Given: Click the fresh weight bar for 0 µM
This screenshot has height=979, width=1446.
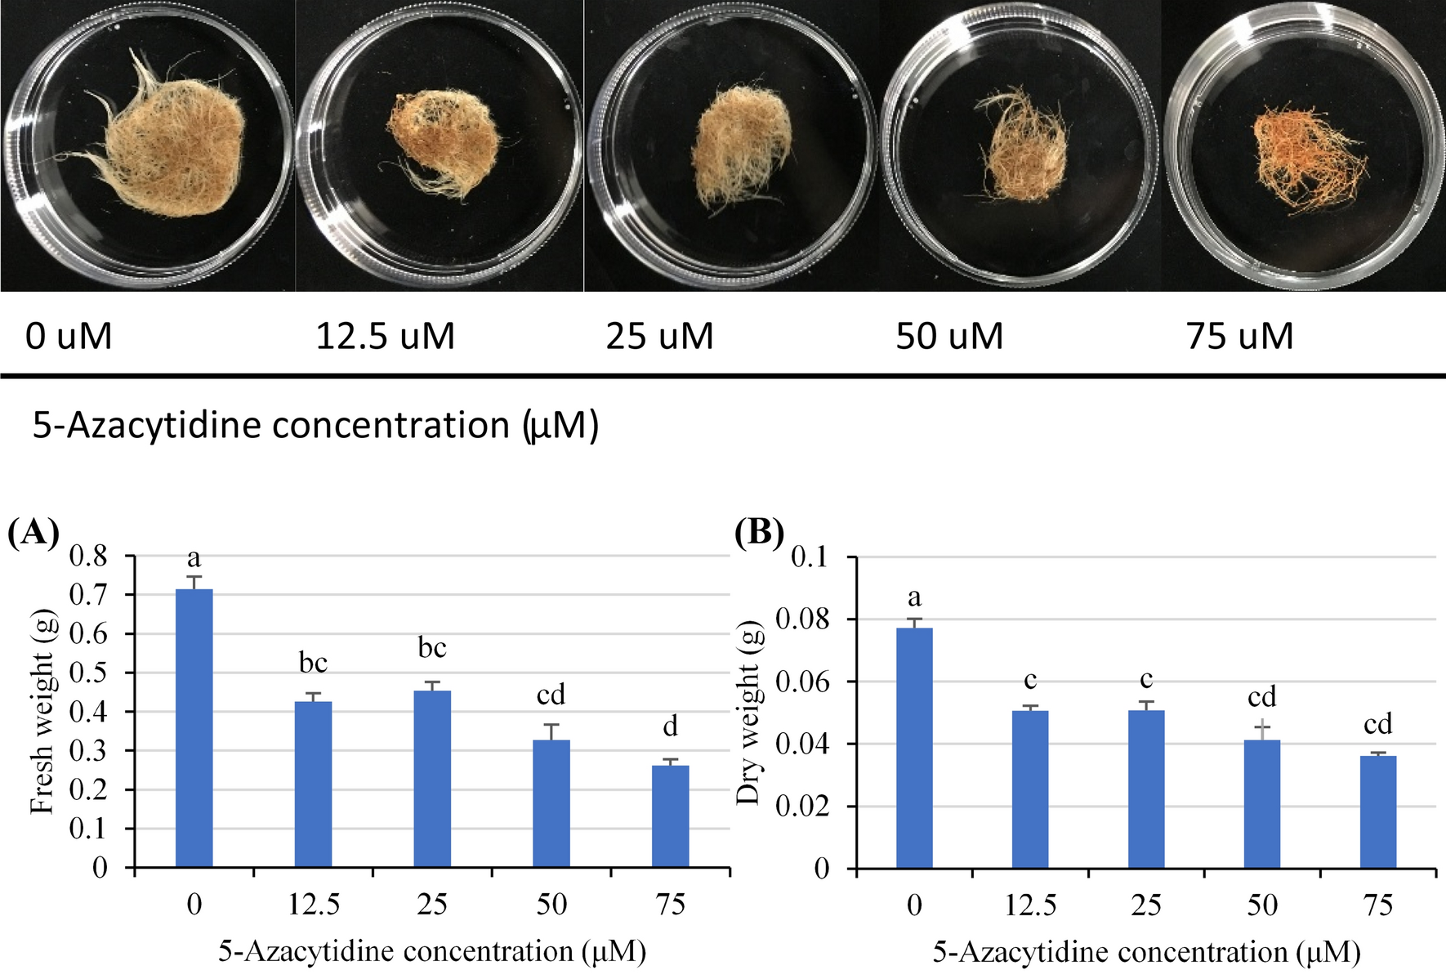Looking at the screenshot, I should click(194, 727).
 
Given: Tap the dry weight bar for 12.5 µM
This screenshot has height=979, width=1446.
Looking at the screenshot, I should click(1030, 789).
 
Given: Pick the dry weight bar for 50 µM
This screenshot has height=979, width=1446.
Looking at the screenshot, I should click(1262, 804).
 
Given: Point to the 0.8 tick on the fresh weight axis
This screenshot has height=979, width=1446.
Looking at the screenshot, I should click(88, 557).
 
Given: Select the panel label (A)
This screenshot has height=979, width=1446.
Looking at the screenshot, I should click(33, 533).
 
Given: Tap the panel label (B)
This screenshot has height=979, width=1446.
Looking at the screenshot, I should click(759, 533).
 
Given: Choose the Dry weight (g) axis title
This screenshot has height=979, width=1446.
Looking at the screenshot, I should click(748, 711).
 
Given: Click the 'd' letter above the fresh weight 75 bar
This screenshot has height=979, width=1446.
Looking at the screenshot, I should click(671, 726).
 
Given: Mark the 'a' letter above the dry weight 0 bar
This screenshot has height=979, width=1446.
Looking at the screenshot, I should click(914, 597).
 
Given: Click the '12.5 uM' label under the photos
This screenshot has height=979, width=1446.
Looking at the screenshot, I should click(385, 336).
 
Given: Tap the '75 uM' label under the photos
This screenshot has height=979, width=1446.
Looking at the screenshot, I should click(1239, 336).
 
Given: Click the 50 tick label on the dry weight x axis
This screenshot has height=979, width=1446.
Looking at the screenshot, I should click(1262, 905).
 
